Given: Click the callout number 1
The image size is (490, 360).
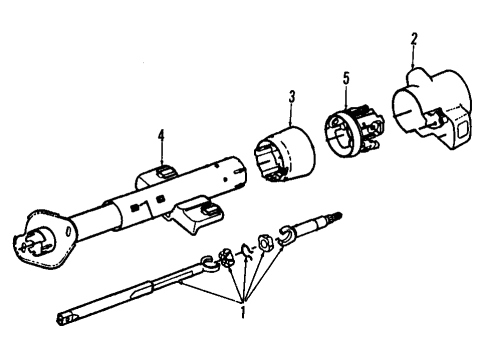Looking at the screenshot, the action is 243,312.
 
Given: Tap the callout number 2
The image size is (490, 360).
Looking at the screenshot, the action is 414,39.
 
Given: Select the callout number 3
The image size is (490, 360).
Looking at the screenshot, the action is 292,97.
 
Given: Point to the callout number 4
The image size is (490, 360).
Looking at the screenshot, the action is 161,136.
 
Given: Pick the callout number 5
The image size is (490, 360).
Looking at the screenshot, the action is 346,79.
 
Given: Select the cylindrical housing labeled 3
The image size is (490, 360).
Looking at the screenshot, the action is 284,154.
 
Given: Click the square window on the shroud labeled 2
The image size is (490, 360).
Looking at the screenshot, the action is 462,129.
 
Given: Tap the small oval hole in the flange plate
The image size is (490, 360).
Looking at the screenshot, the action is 68,231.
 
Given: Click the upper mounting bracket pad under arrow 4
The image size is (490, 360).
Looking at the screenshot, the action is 165,171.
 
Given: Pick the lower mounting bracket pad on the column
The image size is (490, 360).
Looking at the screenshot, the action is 211,209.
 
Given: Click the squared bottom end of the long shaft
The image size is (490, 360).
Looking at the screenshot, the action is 63,318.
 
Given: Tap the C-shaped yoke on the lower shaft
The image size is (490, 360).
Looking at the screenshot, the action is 209,262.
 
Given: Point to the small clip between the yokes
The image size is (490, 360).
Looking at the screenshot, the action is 247,251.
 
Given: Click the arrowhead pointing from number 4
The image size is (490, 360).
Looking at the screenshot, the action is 161,162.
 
